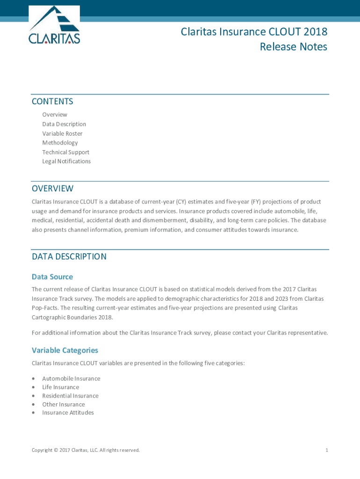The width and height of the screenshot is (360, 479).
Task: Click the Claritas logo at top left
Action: click(54, 25)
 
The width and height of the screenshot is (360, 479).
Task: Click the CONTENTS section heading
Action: click(52, 102)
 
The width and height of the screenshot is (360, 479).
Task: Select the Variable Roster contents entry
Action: click(62, 133)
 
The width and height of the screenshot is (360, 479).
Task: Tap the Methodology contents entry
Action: click(60, 143)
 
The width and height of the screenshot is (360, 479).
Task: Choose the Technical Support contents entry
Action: click(65, 152)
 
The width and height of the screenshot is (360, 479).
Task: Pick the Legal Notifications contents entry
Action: click(66, 161)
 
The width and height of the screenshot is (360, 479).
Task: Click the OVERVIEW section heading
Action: click(52, 189)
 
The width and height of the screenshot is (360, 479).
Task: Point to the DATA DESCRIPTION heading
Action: click(69, 256)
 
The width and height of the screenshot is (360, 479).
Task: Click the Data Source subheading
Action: click(52, 277)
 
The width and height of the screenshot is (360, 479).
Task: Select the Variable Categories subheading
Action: click(65, 350)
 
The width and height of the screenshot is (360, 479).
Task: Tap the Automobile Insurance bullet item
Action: click(71, 378)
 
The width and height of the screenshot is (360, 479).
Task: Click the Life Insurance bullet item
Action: click(60, 387)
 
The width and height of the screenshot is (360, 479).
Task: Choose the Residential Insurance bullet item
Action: click(70, 396)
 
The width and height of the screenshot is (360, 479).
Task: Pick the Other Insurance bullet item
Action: click(63, 404)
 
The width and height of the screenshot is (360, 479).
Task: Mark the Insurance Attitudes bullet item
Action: click(68, 413)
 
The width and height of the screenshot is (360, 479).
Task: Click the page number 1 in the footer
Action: click(327, 450)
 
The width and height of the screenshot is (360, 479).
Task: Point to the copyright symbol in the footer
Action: click(56, 450)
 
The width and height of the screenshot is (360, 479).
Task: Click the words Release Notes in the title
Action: click(294, 47)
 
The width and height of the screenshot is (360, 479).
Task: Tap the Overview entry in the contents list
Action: click(55, 115)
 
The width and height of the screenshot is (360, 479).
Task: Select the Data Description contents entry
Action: click(64, 124)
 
